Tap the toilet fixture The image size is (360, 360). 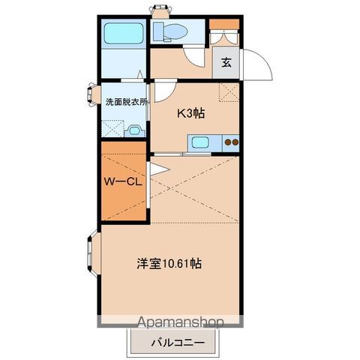coord(171,31)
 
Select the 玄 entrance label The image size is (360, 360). coord(226,63)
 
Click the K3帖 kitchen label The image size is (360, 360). coord(190,113)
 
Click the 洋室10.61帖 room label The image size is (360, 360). coord(169,264)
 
